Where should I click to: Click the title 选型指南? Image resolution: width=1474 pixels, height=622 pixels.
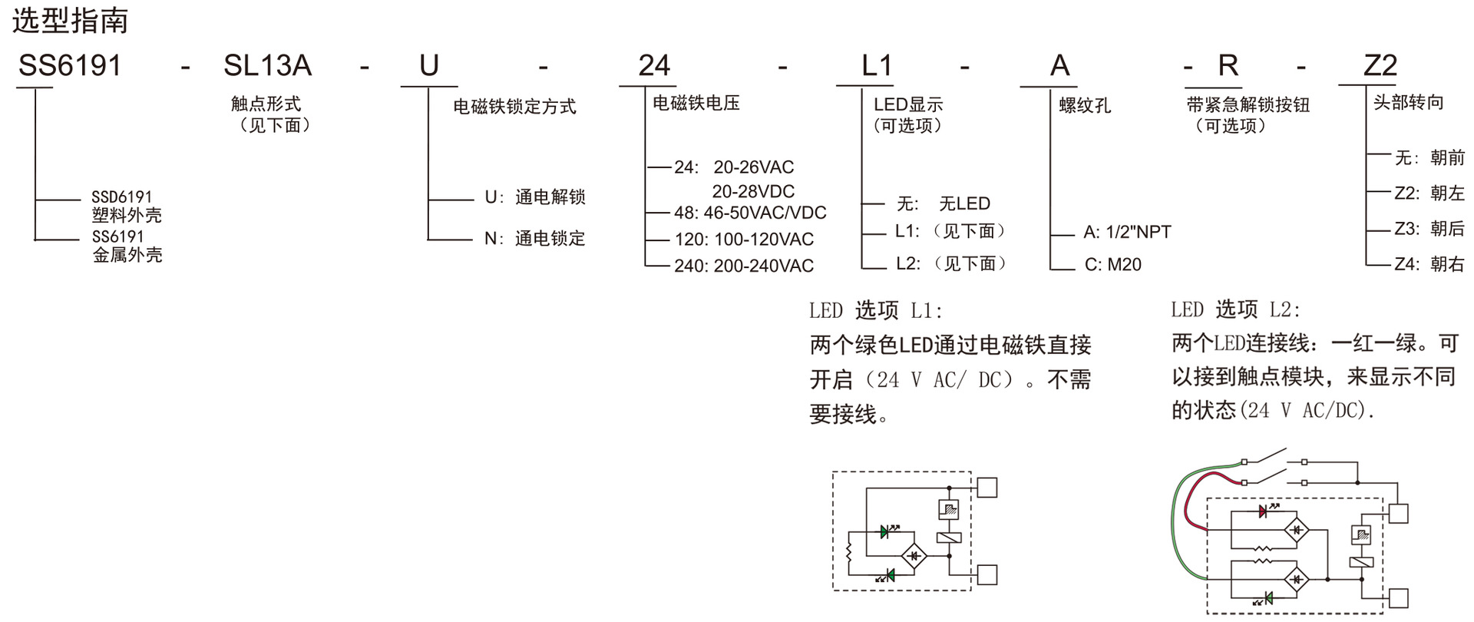pos(70,21)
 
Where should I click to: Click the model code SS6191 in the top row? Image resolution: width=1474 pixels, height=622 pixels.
pos(70,66)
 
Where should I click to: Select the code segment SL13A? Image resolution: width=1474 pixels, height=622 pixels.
pos(267,66)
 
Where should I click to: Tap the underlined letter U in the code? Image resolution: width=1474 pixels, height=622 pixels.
pos(428,66)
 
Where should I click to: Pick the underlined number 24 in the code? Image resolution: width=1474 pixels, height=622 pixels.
pos(653,66)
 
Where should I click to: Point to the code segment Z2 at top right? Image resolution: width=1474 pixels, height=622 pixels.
pos(1380,66)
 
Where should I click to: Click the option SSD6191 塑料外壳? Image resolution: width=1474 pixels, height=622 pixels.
pos(127,206)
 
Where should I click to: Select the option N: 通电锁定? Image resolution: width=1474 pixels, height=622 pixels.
pos(534,239)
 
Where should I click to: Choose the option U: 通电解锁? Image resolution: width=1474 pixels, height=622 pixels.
pos(534,197)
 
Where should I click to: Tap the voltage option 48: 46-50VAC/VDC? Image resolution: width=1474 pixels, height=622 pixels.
pos(750,213)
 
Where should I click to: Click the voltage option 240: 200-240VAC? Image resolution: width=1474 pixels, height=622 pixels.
pos(743,266)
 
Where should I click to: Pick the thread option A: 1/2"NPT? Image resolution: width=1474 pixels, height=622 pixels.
pos(1126,232)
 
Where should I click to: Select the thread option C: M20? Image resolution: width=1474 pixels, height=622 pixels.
pos(1112,265)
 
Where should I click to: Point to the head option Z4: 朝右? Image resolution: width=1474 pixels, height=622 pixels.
pos(1429,264)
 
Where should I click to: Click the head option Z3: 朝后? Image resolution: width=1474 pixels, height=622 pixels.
pos(1429,229)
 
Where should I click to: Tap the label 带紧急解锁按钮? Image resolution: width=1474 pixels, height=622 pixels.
pos(1248,105)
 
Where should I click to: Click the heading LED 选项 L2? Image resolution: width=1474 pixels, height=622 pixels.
pos(1235,309)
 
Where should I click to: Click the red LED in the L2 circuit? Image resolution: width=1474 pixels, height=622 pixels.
pos(1264,511)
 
